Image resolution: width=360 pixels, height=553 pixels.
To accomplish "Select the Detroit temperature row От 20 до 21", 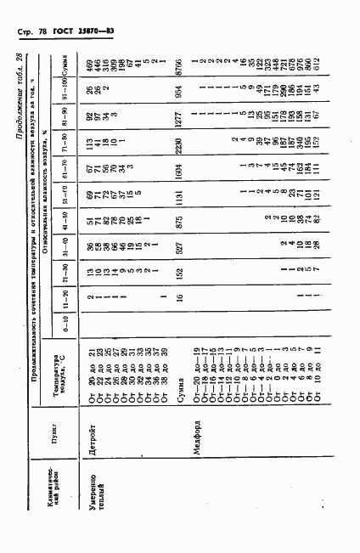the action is pyautogui.click(x=89, y=377).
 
